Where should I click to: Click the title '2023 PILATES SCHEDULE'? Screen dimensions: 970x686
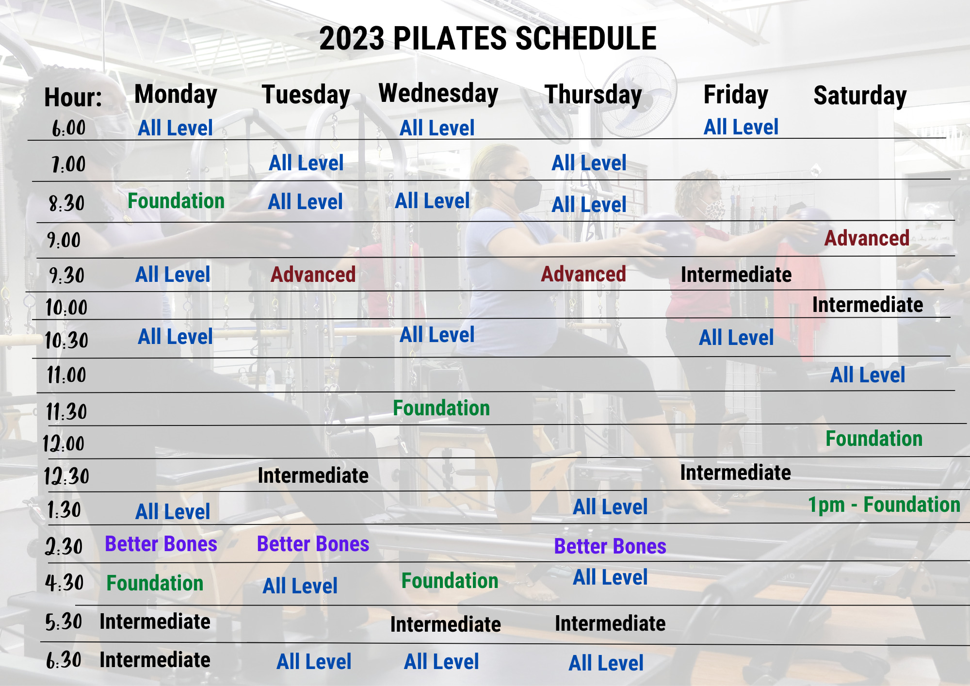pyautogui.click(x=488, y=38)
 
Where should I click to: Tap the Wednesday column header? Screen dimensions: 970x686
pyautogui.click(x=438, y=94)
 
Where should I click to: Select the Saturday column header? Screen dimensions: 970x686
pyautogui.click(x=860, y=96)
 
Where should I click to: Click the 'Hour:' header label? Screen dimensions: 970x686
pyautogui.click(x=73, y=97)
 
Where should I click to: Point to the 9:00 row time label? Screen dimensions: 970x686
pyautogui.click(x=64, y=240)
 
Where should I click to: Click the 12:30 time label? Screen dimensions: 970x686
pyautogui.click(x=66, y=476)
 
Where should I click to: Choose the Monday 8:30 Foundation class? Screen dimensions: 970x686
pyautogui.click(x=176, y=201)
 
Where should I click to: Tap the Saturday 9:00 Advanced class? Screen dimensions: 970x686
pyautogui.click(x=867, y=238)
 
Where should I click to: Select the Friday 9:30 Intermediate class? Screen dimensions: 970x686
pyautogui.click(x=736, y=275)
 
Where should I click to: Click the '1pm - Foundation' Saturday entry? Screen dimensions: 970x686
pyautogui.click(x=884, y=505)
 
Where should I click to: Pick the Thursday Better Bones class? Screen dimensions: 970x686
pyautogui.click(x=610, y=546)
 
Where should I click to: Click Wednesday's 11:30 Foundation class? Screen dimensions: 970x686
pyautogui.click(x=441, y=408)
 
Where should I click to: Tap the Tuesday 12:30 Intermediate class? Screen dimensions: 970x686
pyautogui.click(x=313, y=475)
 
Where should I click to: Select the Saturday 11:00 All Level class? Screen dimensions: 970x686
pyautogui.click(x=868, y=375)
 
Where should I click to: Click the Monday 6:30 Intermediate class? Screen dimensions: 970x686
pyautogui.click(x=155, y=660)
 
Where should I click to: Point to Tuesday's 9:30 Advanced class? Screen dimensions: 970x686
pyautogui.click(x=313, y=275)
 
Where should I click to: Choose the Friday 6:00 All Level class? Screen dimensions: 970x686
pyautogui.click(x=741, y=127)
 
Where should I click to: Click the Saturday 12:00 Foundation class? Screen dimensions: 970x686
pyautogui.click(x=874, y=439)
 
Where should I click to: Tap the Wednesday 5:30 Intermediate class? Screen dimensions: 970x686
pyautogui.click(x=446, y=624)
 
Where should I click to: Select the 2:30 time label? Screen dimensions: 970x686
pyautogui.click(x=64, y=547)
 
